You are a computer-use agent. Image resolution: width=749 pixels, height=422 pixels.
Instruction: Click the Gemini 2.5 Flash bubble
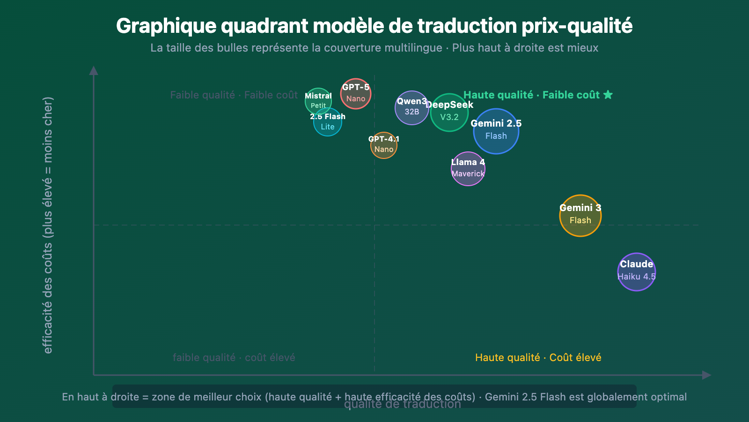(x=496, y=131)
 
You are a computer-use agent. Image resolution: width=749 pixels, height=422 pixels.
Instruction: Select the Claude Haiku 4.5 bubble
(x=637, y=272)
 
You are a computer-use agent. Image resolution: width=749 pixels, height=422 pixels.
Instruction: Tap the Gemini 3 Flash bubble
(x=580, y=216)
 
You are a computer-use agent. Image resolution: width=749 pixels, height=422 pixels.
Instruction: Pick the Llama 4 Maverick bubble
(x=468, y=169)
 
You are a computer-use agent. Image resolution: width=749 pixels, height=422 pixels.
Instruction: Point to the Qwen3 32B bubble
(x=411, y=108)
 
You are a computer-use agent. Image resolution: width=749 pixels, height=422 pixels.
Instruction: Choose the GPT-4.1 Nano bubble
(x=384, y=145)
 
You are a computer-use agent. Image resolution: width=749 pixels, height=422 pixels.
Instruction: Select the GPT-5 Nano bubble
(x=356, y=94)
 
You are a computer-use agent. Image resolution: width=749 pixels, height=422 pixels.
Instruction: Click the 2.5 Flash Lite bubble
(x=328, y=123)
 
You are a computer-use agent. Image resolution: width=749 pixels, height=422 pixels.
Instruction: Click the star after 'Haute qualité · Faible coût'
(x=608, y=95)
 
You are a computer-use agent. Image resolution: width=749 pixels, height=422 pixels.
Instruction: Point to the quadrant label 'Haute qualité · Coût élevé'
(x=538, y=358)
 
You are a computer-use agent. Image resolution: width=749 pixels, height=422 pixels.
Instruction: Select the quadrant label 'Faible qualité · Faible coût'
(x=234, y=95)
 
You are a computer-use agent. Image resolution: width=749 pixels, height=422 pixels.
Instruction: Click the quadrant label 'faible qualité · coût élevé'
(x=234, y=358)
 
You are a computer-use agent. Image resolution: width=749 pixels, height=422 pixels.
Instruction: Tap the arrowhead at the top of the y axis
(x=94, y=70)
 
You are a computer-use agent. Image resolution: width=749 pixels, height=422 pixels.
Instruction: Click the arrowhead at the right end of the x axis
(x=707, y=375)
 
